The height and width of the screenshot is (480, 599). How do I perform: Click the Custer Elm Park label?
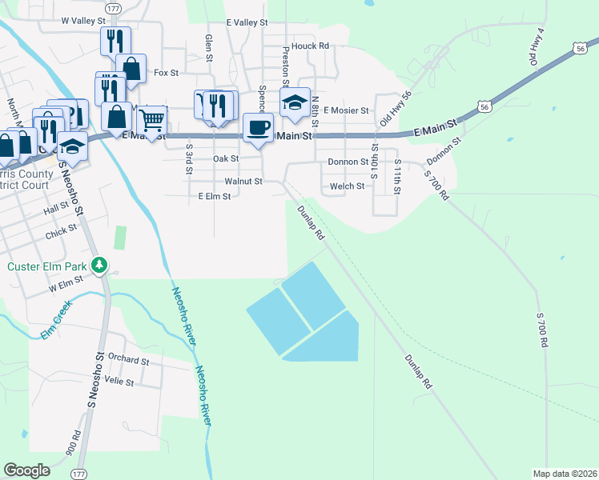tap(45, 266)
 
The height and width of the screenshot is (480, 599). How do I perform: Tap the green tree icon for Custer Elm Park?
tap(99, 263)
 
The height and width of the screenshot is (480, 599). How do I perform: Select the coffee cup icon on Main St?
tap(258, 128)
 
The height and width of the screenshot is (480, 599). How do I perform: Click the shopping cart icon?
tap(151, 120)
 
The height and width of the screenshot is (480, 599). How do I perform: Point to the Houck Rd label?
tap(311, 46)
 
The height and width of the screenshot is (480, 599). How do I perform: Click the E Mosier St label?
tap(345, 110)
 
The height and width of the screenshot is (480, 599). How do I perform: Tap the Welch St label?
tap(348, 186)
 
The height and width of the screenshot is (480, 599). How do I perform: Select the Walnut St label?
tap(243, 182)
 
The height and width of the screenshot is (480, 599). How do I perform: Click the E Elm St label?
tap(214, 195)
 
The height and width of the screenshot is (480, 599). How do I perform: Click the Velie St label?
tap(119, 382)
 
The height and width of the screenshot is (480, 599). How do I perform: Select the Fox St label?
tap(166, 73)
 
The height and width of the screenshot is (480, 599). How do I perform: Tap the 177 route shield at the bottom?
tap(78, 474)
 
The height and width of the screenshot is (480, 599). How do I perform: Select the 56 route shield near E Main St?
tap(483, 106)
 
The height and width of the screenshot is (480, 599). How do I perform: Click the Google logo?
tap(26, 470)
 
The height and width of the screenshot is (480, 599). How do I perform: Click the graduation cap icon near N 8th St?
tap(295, 102)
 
